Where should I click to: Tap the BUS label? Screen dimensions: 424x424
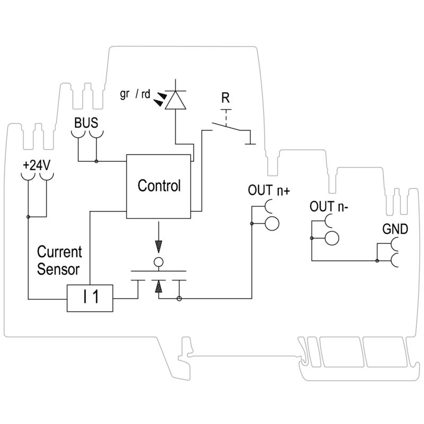click(x=86, y=123)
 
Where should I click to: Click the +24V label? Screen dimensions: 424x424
click(x=36, y=164)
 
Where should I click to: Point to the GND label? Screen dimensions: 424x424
click(x=395, y=229)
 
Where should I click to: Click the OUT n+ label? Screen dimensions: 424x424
click(x=269, y=191)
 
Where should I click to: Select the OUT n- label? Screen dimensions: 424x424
click(x=329, y=206)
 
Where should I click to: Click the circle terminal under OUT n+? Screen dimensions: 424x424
click(x=271, y=223)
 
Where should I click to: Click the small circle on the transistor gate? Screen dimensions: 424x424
click(x=157, y=261)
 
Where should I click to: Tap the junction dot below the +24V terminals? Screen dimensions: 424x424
click(x=28, y=217)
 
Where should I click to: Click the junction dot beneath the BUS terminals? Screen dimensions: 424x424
click(x=96, y=161)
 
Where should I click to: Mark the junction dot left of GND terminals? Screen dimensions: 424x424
click(x=375, y=260)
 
